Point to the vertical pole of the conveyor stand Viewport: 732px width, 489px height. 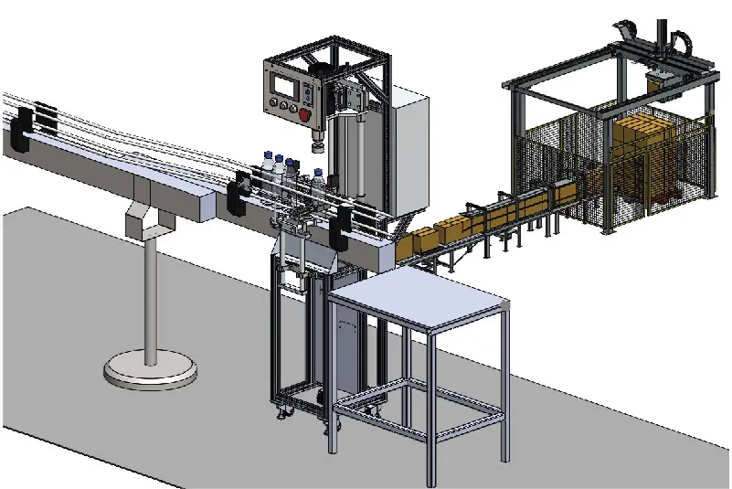[149, 292]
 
